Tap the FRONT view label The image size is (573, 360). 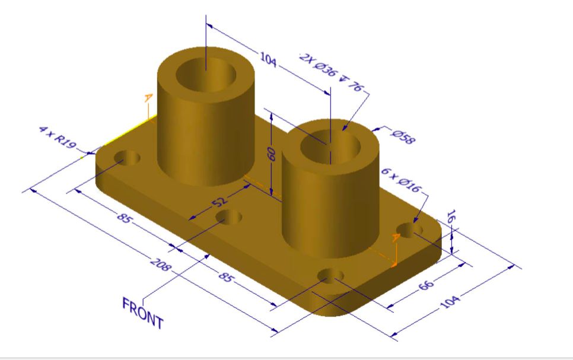[142, 313]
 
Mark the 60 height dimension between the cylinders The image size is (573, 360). [272, 154]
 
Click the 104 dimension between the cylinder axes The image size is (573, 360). [268, 60]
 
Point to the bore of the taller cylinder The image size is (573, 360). [206, 74]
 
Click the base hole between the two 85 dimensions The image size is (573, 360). [229, 217]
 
